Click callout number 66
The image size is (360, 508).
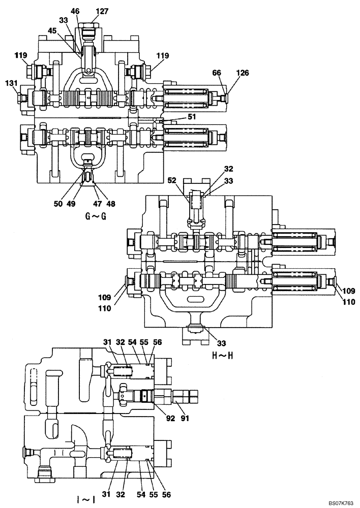click(217, 74)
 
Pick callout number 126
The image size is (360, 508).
click(242, 74)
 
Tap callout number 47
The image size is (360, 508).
click(97, 203)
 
